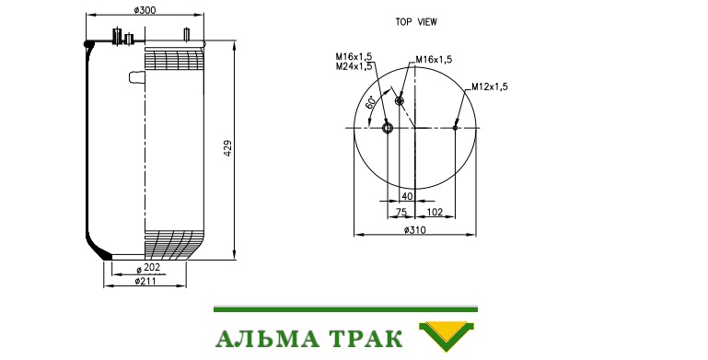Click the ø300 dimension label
click(x=145, y=9)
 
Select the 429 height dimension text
click(x=227, y=148)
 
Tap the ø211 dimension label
click(x=145, y=282)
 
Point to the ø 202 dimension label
click(x=148, y=268)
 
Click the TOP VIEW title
click(x=416, y=22)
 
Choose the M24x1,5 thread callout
click(x=354, y=66)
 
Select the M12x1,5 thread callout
click(x=490, y=87)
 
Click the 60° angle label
click(x=370, y=102)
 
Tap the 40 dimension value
click(x=407, y=196)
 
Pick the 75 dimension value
click(x=401, y=212)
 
